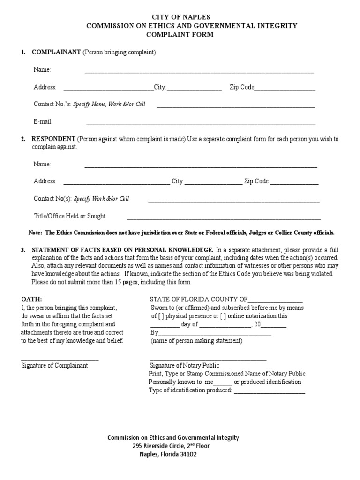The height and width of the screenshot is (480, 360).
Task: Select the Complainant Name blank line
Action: coord(199,72)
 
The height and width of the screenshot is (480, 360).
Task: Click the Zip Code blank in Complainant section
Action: coord(285,89)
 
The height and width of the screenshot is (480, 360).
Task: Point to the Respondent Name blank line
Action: coord(200,166)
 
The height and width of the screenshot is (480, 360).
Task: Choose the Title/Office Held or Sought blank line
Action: coord(224,218)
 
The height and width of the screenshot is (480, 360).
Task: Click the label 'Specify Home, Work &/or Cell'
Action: coord(109,105)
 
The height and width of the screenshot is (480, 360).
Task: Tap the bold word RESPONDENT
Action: coord(53,139)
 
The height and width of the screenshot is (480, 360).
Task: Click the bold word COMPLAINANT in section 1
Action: coord(56,52)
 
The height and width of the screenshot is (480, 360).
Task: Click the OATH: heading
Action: coord(31,300)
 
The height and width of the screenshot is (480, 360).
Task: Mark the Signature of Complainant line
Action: coord(60,360)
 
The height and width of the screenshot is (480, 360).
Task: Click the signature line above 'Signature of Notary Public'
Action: coord(208,360)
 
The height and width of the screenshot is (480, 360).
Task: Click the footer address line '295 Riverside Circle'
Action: coord(171,446)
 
